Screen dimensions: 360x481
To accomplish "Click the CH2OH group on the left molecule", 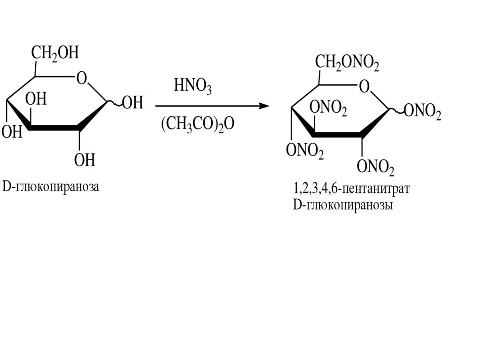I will (x=55, y=53).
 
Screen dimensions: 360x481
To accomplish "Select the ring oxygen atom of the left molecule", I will (x=82, y=78).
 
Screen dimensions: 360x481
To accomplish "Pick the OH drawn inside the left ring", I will (x=36, y=100).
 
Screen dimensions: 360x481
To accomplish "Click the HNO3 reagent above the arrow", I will (x=193, y=86).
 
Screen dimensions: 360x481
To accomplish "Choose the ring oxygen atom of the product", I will (x=363, y=86).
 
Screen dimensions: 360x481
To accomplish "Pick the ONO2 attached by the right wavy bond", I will (x=422, y=113).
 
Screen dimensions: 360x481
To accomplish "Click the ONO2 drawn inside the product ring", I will (x=328, y=108).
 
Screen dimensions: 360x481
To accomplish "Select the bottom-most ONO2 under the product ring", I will (x=375, y=166).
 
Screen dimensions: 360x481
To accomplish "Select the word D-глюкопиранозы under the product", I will (x=342, y=206).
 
